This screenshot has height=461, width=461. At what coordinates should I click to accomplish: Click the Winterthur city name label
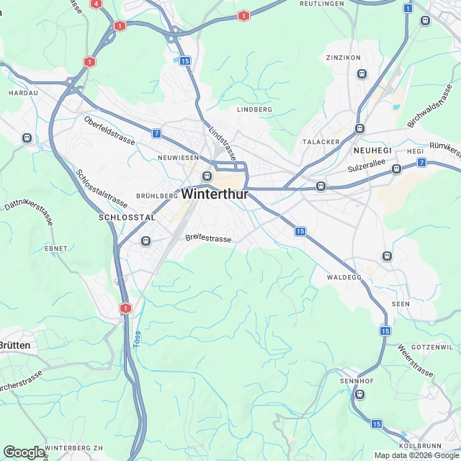(215, 194)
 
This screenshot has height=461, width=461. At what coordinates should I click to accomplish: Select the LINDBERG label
(254, 109)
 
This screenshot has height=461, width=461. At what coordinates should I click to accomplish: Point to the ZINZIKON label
(343, 57)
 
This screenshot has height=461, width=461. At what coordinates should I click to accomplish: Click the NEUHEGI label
(372, 150)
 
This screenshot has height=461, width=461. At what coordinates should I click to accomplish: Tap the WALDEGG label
(344, 277)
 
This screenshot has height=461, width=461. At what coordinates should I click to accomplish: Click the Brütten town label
(15, 346)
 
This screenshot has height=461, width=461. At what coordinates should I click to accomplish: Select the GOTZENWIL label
(431, 347)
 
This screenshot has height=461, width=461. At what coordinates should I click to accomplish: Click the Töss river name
(137, 339)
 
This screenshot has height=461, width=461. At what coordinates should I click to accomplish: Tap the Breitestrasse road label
(208, 238)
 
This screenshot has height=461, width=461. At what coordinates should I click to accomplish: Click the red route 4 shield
(96, 4)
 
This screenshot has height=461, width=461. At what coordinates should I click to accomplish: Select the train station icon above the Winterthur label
(207, 176)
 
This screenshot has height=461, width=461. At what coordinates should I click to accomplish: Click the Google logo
(24, 452)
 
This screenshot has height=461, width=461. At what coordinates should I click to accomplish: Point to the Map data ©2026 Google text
(416, 455)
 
